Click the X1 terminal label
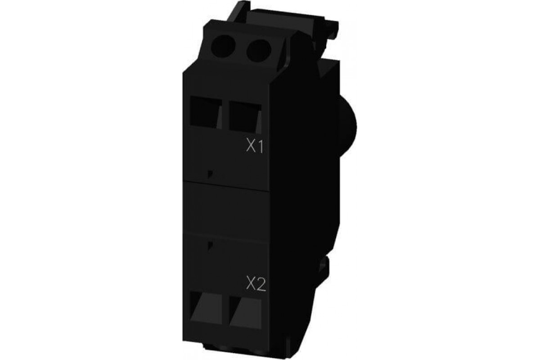(x=255, y=147)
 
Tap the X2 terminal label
(x=256, y=284)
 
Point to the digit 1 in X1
(x=260, y=147)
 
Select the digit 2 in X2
(x=261, y=284)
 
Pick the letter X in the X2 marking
(x=251, y=284)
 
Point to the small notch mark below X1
(x=210, y=173)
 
